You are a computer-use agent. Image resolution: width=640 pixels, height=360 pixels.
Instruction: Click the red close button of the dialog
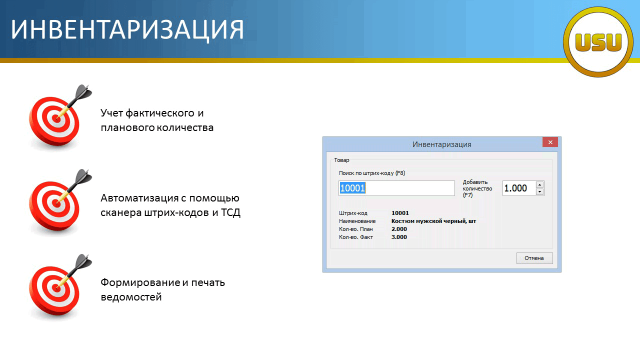pos(550,142)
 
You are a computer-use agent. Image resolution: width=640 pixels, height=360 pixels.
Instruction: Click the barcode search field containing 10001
pos(396,188)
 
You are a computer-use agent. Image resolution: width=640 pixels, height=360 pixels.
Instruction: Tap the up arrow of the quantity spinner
pos(539,185)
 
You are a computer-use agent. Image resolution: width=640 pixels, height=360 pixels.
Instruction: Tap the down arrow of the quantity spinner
pos(539,191)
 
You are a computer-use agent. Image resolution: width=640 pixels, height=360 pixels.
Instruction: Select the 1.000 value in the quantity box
pos(515,188)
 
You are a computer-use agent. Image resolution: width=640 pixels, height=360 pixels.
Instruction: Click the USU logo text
pos(598,42)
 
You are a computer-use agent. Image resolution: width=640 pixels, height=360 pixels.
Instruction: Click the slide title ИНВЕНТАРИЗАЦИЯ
pos(127,29)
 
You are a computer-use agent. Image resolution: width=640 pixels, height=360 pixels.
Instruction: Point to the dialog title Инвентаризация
pos(441,144)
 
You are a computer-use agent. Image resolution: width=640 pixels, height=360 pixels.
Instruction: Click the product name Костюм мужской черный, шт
pos(433,221)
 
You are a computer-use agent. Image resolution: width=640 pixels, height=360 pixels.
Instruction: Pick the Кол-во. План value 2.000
pos(399,229)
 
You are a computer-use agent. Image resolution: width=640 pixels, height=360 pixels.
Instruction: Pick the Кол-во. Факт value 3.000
pos(399,237)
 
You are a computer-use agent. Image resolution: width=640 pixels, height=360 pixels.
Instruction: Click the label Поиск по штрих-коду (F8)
pos(372,173)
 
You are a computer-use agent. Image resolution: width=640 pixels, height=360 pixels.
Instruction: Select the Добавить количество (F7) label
pos(477,188)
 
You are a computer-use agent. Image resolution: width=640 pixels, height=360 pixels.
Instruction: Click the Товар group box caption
pos(341,160)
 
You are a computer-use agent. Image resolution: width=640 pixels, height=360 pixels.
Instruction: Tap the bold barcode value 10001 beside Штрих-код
pos(400,213)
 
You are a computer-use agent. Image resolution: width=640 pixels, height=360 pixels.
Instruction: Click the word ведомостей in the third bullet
pos(131,297)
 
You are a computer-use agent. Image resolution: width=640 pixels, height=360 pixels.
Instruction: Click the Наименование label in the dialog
pos(357,221)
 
